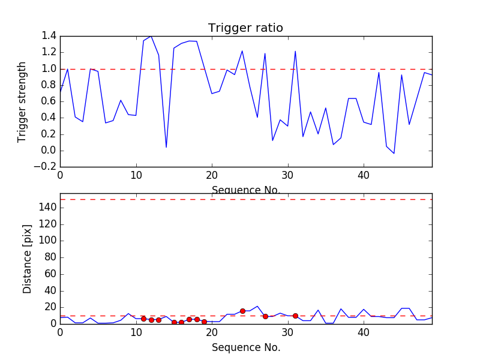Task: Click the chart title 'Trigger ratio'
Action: coord(245,28)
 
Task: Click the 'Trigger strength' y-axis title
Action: coord(22,101)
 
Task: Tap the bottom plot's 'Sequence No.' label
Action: coord(245,347)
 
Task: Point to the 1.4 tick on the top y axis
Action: coord(49,36)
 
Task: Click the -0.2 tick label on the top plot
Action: coord(46,167)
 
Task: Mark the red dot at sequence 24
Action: coord(242,311)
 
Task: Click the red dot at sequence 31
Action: coord(295,316)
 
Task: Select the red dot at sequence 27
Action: coord(265,316)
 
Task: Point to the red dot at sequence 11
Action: coord(143,319)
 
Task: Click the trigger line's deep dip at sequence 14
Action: coord(166,147)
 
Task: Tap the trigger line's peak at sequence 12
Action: coord(151,36)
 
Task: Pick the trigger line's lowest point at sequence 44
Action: coord(394,154)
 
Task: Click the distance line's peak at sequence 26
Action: coord(257,306)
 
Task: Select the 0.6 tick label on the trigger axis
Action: coord(49,101)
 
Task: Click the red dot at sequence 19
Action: coord(204,322)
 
